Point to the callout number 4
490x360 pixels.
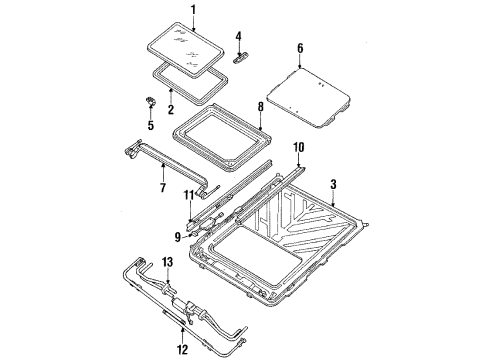[x=238, y=37]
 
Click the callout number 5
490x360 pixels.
[x=151, y=125]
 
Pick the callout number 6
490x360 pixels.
[x=300, y=46]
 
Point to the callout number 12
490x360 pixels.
[x=180, y=322]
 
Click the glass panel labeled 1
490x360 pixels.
[x=190, y=40]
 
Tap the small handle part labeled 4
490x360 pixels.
[x=240, y=57]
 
